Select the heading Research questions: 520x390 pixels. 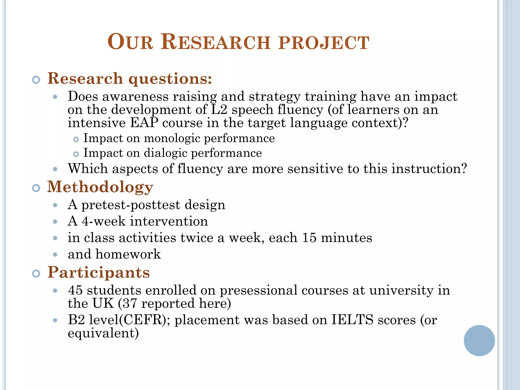[129, 78]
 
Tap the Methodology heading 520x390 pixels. [100, 187]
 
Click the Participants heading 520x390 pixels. [99, 272]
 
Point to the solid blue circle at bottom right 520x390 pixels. [479, 340]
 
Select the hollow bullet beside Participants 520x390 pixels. [36, 274]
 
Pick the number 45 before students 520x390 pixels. [75, 290]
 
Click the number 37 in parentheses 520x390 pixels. [130, 303]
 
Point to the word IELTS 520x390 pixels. [352, 320]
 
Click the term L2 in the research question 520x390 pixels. [219, 110]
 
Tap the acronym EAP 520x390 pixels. [144, 123]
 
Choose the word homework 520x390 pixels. [128, 254]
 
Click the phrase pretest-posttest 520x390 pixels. [131, 205]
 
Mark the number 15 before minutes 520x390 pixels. [309, 238]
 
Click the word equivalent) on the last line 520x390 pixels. [103, 333]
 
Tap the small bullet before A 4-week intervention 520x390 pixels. [55, 222]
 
